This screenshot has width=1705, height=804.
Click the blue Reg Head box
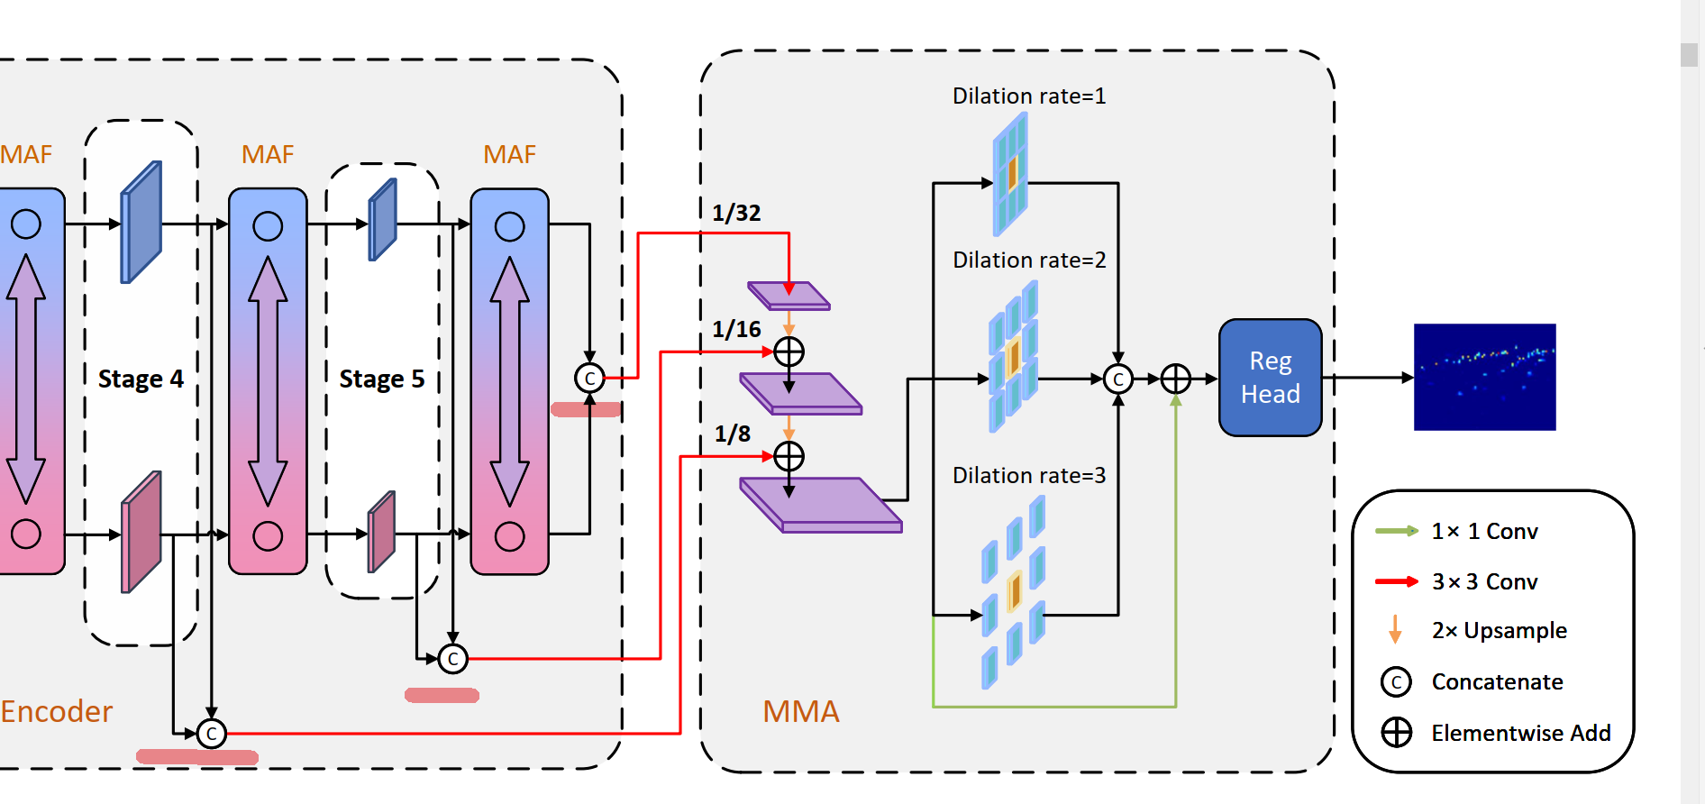[x=1270, y=378]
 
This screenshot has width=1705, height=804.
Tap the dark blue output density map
[x=1484, y=377]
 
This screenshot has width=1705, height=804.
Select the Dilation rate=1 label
[x=1029, y=96]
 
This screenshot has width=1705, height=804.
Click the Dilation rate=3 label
[x=1029, y=476]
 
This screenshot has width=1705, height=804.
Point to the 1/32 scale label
[x=736, y=214]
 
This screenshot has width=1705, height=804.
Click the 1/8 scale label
[x=732, y=434]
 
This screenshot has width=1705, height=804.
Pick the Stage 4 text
[x=141, y=379]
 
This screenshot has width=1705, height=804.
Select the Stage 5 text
[x=381, y=379]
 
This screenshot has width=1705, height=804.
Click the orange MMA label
[x=800, y=712]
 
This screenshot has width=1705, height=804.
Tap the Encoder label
[x=56, y=712]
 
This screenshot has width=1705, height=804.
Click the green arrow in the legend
[x=1396, y=531]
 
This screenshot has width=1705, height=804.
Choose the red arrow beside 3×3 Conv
[x=1396, y=581]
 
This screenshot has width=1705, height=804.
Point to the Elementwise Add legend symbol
[x=1397, y=733]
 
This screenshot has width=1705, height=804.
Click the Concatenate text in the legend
[x=1497, y=682]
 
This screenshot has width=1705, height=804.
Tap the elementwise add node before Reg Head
[x=1175, y=379]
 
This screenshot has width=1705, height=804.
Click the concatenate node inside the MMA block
[x=1117, y=379]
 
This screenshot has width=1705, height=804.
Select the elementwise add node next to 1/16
[x=789, y=352]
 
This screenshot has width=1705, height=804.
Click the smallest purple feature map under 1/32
[x=789, y=296]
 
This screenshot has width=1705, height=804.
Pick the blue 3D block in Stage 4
[x=141, y=222]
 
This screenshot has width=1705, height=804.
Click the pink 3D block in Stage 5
[x=382, y=532]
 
